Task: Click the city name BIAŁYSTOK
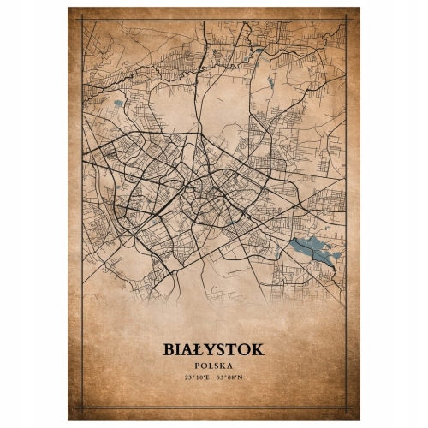point(213,350)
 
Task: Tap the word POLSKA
point(213,366)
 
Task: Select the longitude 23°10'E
point(196,377)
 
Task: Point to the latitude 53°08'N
point(231,377)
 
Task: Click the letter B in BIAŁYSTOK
point(167,350)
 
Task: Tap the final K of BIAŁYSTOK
point(259,350)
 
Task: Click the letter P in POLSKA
point(198,366)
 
